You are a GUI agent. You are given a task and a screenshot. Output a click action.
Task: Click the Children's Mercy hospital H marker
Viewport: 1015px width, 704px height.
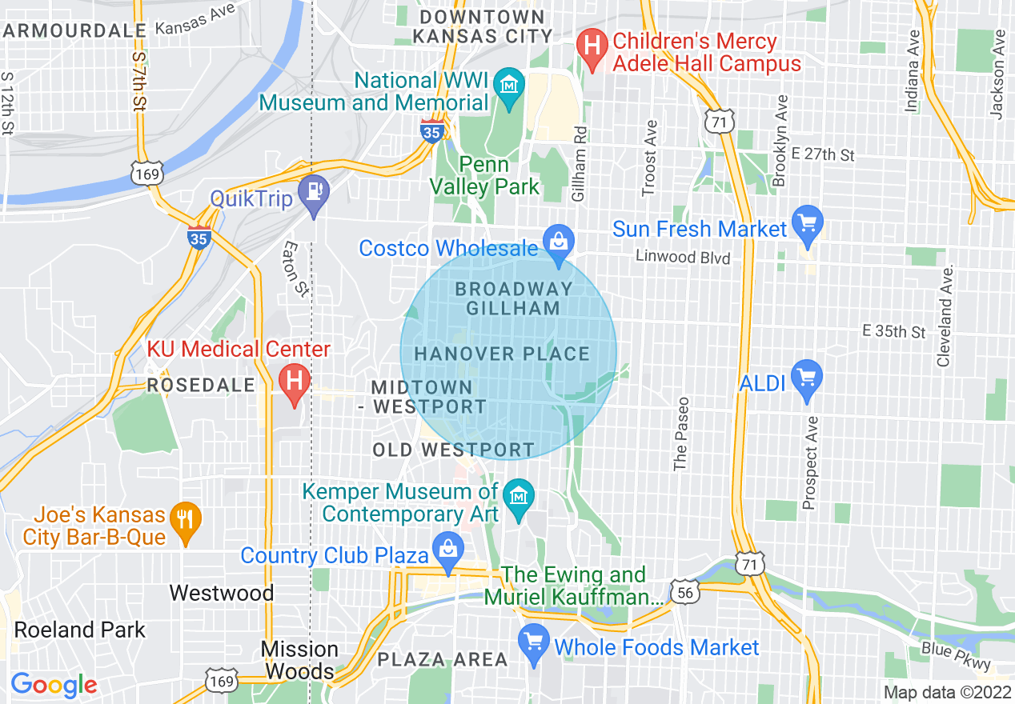(592, 42)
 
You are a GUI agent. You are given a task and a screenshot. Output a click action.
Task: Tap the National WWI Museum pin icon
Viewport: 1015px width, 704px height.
(507, 84)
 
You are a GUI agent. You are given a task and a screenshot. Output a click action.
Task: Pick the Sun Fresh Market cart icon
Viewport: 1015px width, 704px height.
(807, 222)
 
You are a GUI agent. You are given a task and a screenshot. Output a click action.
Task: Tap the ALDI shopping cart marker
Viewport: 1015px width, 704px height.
(806, 375)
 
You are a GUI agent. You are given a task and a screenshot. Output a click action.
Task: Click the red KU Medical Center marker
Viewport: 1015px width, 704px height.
(294, 378)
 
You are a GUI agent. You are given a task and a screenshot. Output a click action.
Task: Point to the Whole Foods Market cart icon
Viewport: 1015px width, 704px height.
(532, 640)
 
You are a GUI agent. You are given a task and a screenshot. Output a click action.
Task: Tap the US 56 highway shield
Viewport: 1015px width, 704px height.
(686, 591)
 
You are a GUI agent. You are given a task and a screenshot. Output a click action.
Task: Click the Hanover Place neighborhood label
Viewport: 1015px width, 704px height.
(502, 354)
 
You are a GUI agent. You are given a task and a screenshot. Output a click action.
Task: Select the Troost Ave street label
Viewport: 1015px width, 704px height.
(650, 158)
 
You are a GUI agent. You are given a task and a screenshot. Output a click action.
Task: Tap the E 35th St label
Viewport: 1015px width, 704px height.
(893, 331)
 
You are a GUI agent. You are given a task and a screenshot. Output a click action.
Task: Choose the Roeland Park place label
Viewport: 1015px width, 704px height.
(80, 630)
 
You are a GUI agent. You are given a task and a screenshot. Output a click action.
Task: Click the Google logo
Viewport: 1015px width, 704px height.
(54, 685)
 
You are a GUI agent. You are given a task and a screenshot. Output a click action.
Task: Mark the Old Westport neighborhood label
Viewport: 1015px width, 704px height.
(453, 450)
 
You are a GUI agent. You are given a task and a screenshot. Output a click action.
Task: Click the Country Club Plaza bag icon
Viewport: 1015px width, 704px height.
(447, 549)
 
